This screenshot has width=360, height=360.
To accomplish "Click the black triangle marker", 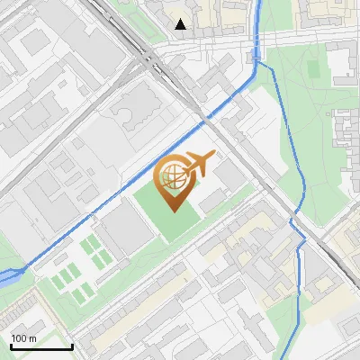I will (x=181, y=24).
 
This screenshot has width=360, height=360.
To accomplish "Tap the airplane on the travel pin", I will (x=199, y=165).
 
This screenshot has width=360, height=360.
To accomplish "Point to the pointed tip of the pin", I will (x=174, y=211).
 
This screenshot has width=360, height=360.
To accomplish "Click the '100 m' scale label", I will (x=24, y=338).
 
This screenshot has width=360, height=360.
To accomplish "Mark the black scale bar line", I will (x=41, y=346).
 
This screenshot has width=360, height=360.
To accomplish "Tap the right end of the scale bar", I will (x=72, y=346).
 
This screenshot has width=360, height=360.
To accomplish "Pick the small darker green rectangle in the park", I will (x=312, y=68).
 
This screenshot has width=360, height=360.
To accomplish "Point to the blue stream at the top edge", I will (x=260, y=4).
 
